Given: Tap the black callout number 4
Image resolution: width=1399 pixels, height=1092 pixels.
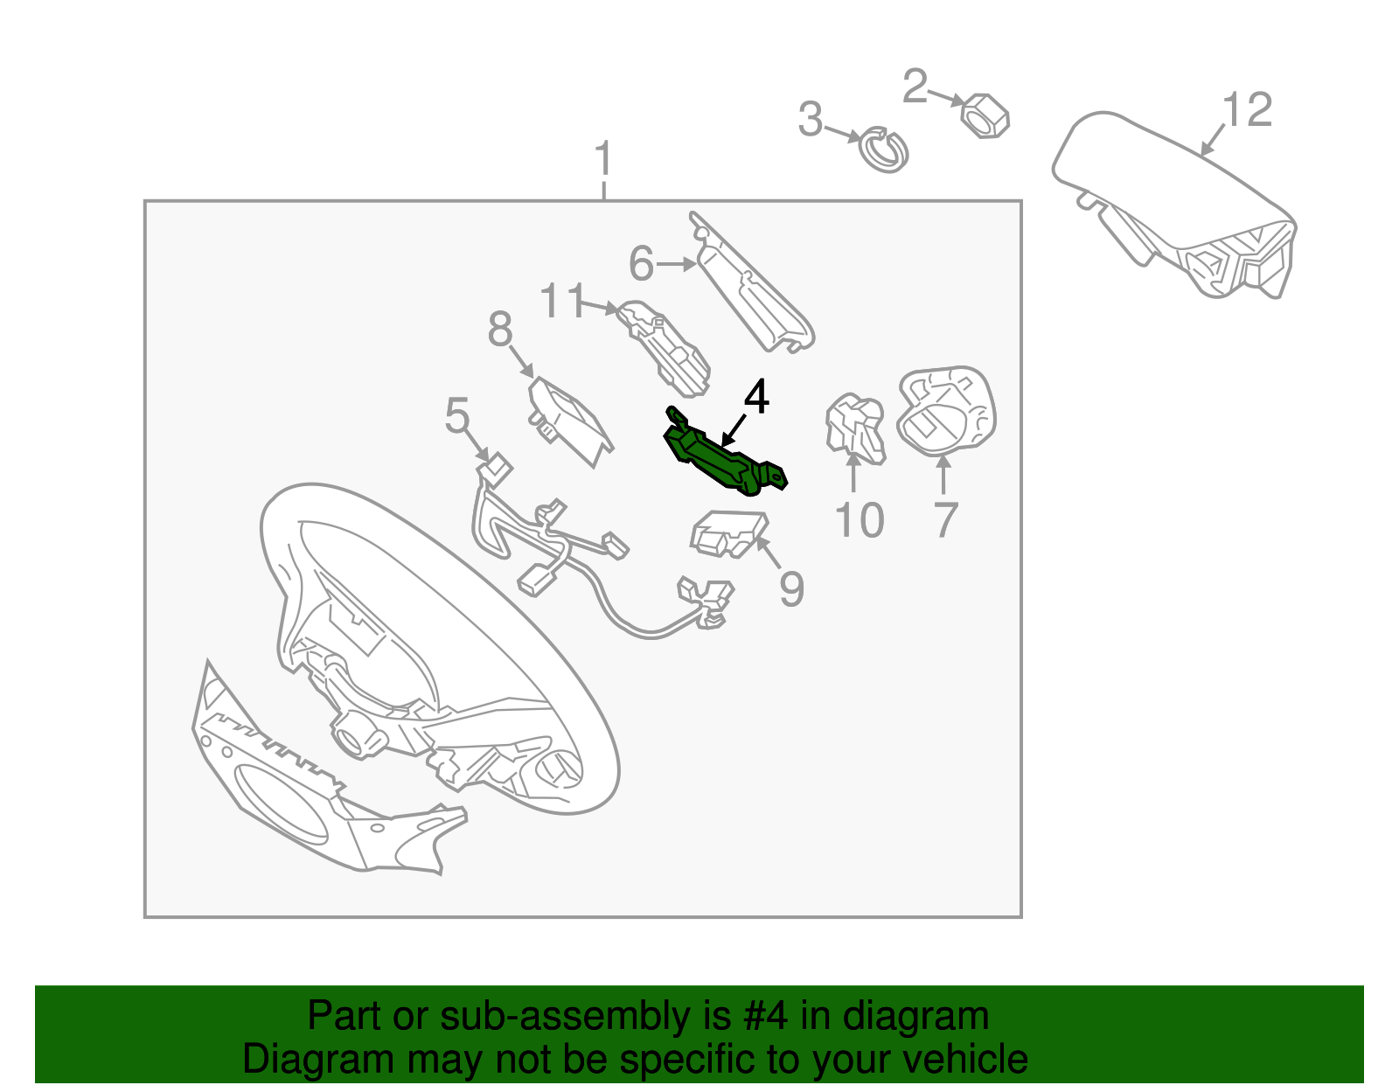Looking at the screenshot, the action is coord(756,396).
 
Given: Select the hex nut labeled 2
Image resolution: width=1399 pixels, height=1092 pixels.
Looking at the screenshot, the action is coord(985,115).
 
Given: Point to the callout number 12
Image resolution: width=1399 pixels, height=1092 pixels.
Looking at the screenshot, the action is coord(1246,109).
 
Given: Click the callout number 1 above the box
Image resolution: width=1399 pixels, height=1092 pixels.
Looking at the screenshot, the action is coord(602,158).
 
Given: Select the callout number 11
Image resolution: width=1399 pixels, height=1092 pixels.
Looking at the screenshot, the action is coord(561,301).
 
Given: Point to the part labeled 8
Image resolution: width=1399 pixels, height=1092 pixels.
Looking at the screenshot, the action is coord(570,421).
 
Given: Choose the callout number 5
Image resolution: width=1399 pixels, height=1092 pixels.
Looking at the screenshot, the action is coord(457,415).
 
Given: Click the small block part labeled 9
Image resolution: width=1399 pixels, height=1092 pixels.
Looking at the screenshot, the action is coord(729,533).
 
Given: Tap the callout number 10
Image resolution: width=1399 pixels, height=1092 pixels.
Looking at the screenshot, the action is coord(860,520).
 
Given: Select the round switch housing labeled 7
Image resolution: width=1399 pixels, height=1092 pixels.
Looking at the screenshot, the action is coord(946,411).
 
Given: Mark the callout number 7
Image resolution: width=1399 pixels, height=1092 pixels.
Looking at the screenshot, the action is coord(945,520).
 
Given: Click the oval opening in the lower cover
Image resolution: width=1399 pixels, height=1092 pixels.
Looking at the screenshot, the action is coord(282,803).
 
